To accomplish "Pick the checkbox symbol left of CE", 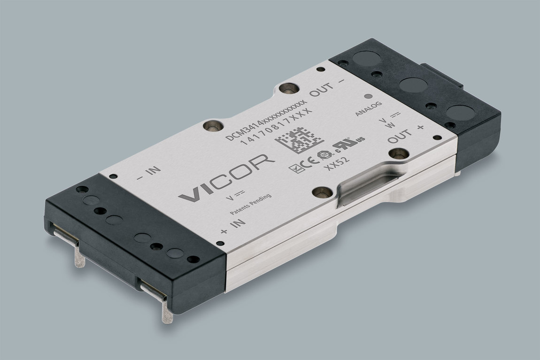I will coord(295,167).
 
